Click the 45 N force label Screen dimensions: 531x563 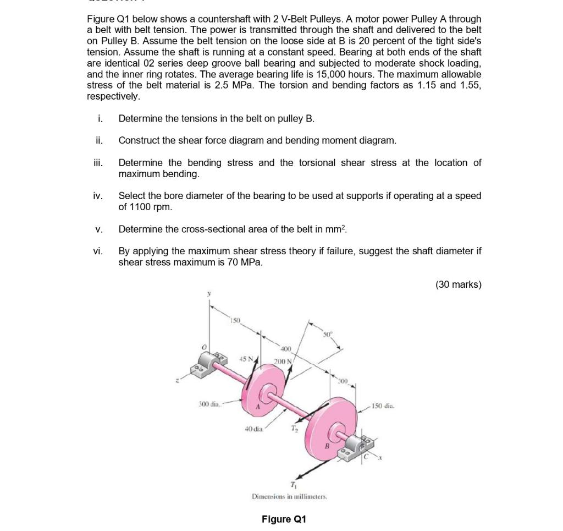pyautogui.click(x=245, y=359)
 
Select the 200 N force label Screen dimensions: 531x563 pyautogui.click(x=283, y=361)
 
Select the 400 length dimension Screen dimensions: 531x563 pyautogui.click(x=286, y=349)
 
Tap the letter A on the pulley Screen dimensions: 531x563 pyautogui.click(x=257, y=408)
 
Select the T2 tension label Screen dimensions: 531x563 pyautogui.click(x=294, y=428)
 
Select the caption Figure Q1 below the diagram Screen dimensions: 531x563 pyautogui.click(x=284, y=519)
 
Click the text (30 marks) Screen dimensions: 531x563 pyautogui.click(x=458, y=284)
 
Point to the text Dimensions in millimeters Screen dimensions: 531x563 pyautogui.click(x=289, y=496)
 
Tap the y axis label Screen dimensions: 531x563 pyautogui.click(x=208, y=294)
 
